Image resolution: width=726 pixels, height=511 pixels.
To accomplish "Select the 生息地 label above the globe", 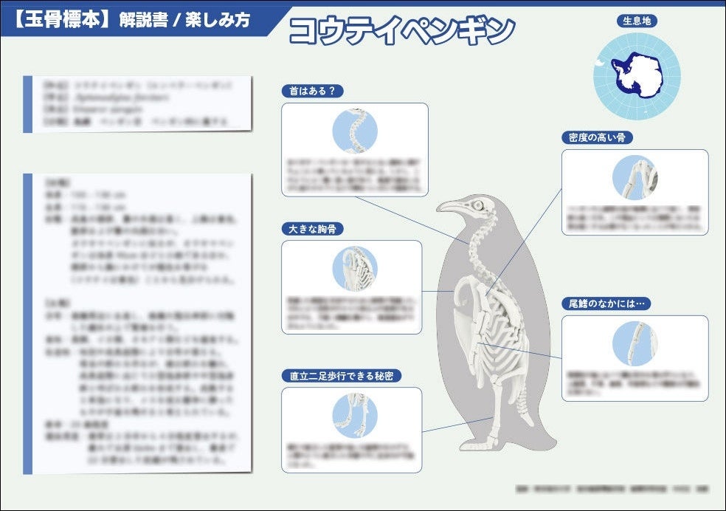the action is click(x=635, y=21).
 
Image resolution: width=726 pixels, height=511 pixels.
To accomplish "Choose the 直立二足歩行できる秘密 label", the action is click(x=342, y=376).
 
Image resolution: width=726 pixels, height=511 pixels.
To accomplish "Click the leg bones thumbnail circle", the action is click(x=354, y=414).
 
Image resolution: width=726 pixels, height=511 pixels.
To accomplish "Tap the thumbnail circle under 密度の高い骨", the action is click(x=635, y=177).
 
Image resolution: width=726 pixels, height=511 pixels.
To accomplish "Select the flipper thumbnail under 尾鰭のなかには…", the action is click(x=635, y=344).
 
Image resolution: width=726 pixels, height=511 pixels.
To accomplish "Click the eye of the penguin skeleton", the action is click(x=478, y=205).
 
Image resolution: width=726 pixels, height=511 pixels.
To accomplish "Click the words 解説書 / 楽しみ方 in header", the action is click(x=184, y=20).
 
